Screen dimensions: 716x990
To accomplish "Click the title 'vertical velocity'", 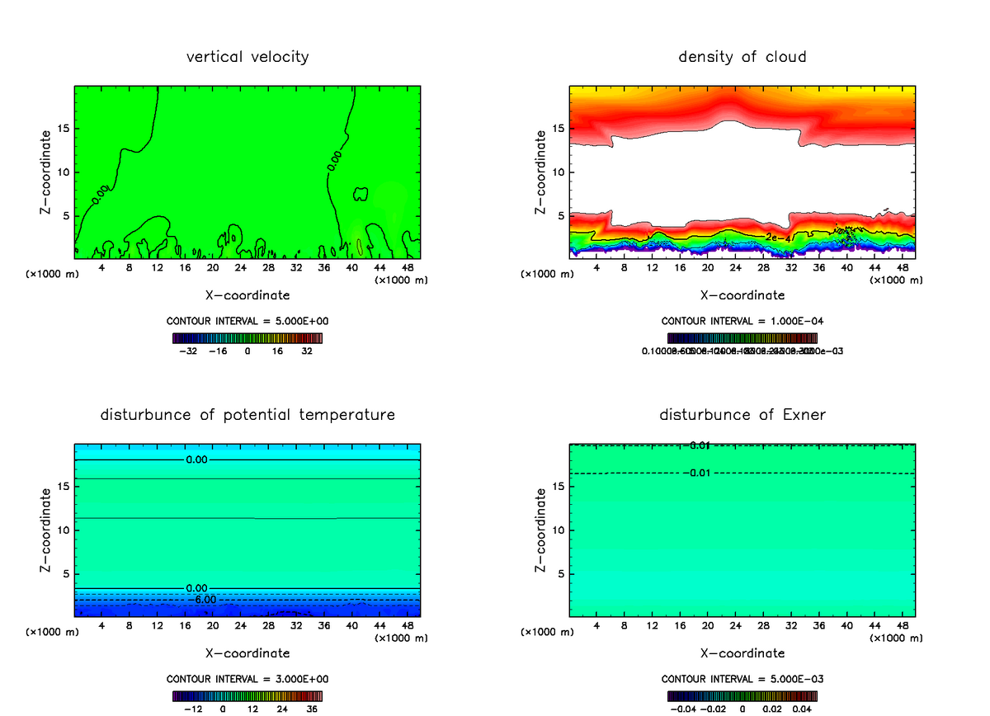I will [x=247, y=57].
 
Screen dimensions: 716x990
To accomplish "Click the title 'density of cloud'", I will [x=742, y=57].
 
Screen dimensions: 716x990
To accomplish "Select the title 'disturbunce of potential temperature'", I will [x=247, y=414].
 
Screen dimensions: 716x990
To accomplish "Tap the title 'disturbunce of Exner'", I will [x=742, y=414].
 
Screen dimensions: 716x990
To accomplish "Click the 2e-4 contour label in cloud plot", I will [x=776, y=238].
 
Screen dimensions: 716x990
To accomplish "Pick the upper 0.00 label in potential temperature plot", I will [x=196, y=459].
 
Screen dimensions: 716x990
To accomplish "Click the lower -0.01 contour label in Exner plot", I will [x=698, y=473].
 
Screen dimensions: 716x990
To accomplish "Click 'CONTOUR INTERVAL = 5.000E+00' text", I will [x=247, y=321].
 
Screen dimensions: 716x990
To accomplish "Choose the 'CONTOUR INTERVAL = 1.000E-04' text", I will [x=742, y=321].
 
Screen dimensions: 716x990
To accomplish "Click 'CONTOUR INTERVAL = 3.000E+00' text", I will [x=247, y=679].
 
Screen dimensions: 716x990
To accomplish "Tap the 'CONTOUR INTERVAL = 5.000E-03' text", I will [x=742, y=679].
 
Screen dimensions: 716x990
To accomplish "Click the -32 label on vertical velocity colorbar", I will [x=189, y=351].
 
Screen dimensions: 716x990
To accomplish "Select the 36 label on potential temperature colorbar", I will [x=312, y=709].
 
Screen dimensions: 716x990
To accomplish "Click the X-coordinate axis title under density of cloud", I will [x=742, y=295].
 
